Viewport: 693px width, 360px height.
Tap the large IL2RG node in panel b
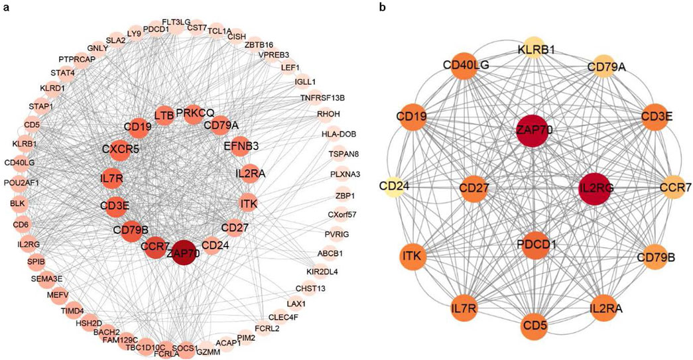pyautogui.click(x=596, y=188)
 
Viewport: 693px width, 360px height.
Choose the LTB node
pyautogui.click(x=164, y=116)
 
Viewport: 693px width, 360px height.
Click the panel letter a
pyautogui.click(x=6, y=7)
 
